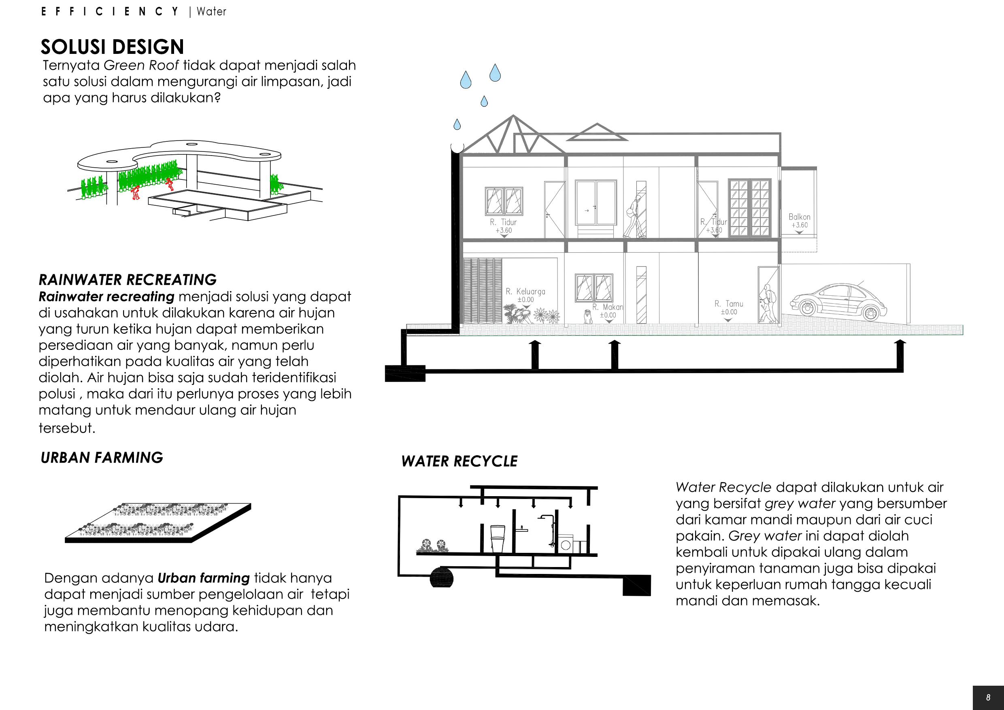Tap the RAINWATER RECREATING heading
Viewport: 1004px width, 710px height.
[128, 280]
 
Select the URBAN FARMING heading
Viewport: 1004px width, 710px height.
[102, 458]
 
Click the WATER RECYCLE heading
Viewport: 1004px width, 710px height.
[459, 461]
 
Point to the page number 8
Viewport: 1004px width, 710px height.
[988, 698]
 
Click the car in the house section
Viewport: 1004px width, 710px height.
[838, 301]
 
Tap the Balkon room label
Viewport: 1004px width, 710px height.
[799, 217]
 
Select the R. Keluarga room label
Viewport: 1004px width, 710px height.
[525, 292]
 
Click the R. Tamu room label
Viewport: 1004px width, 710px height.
[729, 304]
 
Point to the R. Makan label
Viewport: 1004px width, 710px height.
[608, 307]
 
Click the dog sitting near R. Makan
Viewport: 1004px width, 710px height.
[588, 316]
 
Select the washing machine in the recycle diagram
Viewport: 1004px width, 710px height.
[566, 544]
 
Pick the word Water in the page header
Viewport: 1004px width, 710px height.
[211, 12]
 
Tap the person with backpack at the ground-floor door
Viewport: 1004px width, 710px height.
[766, 302]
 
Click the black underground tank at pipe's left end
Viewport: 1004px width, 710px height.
[405, 373]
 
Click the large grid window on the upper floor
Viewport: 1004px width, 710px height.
[749, 208]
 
